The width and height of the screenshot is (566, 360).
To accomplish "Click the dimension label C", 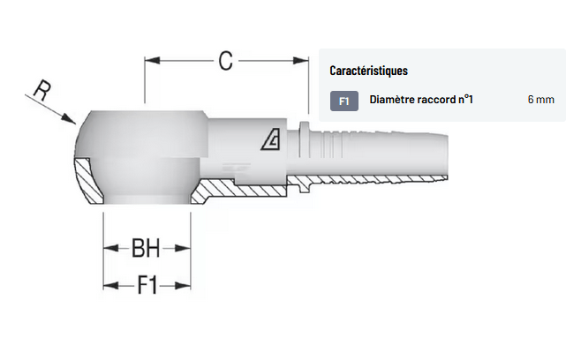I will [x=225, y=61].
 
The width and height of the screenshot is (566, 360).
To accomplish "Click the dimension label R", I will [x=41, y=89].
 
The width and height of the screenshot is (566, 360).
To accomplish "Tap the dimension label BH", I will [x=146, y=250].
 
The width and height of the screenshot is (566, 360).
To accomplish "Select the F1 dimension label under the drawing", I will [x=147, y=285].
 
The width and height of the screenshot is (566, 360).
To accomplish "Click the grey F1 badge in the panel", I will [x=344, y=101].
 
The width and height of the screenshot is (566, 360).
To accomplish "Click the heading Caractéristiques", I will [x=368, y=70].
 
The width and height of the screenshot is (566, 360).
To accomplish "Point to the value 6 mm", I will [x=540, y=101].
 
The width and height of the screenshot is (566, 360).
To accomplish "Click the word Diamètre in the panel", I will [x=390, y=101].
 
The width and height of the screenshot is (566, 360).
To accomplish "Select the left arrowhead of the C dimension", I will [x=151, y=61].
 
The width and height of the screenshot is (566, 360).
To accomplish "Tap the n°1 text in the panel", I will [x=465, y=101].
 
